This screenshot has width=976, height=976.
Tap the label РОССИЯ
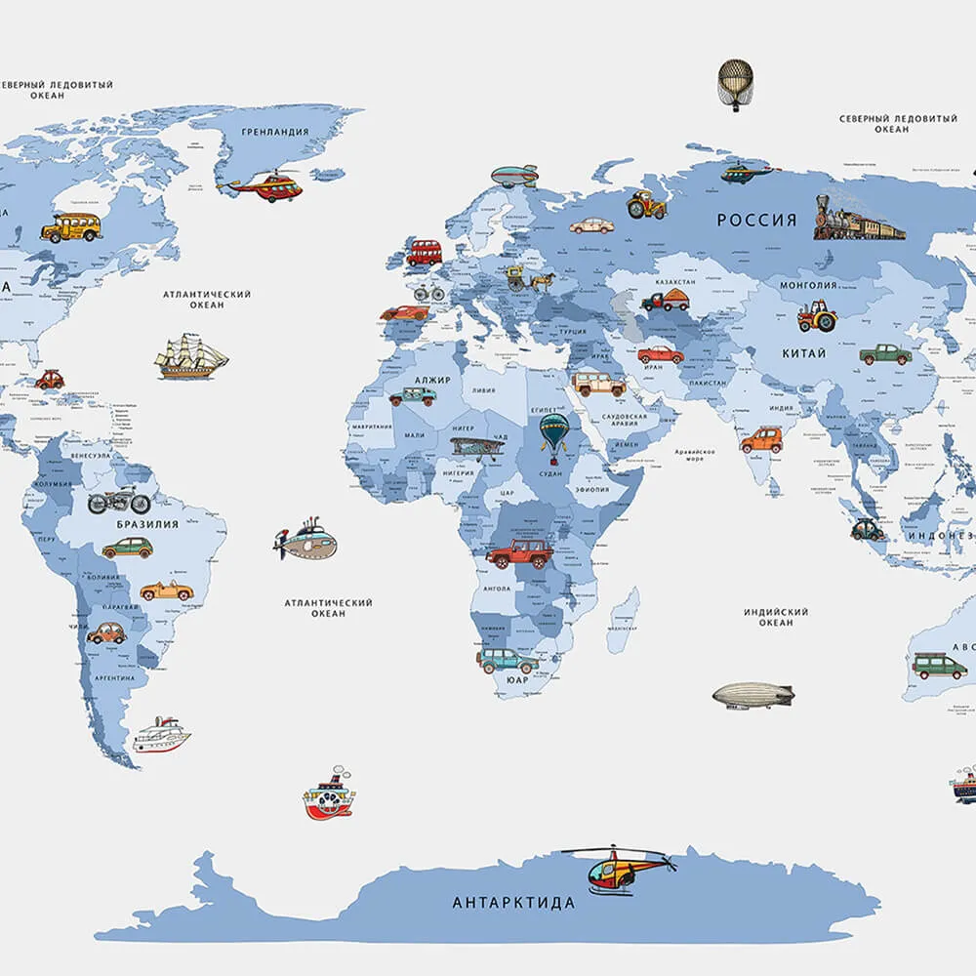[x=757, y=221]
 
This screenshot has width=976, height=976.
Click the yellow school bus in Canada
[x=71, y=227]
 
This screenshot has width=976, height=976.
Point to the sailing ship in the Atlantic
[x=190, y=357]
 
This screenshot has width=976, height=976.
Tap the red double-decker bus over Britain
[x=424, y=253]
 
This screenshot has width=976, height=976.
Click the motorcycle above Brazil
[x=119, y=502]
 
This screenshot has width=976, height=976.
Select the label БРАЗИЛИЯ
[x=147, y=524]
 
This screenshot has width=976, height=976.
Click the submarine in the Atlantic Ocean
[x=306, y=541]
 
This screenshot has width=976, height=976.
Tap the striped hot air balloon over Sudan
[x=555, y=434]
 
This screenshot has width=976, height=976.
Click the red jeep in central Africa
[x=519, y=553]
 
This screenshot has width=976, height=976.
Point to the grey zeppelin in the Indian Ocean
[x=752, y=696]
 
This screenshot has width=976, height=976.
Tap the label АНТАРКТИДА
[x=513, y=903]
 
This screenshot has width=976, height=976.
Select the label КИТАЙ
[x=803, y=353]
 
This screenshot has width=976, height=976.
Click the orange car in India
[x=761, y=440]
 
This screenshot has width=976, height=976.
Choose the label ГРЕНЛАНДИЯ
[x=275, y=132]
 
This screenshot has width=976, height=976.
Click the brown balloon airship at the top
[x=736, y=83]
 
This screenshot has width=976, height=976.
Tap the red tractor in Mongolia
[x=817, y=315]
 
